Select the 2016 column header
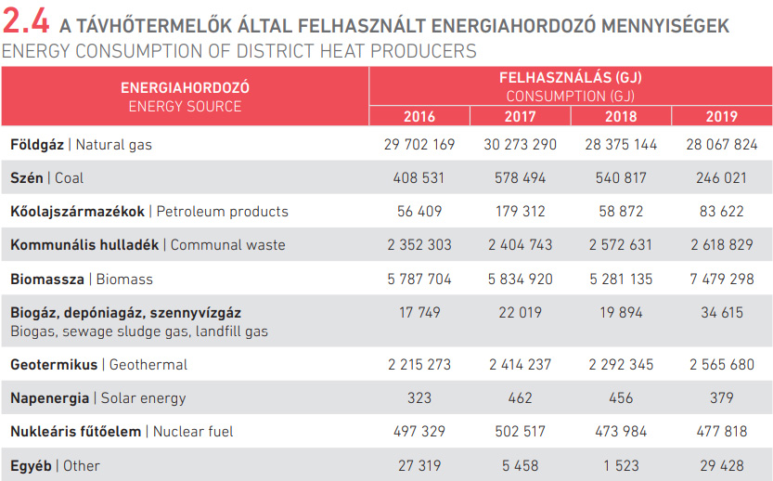[x=419, y=116]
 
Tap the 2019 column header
[x=721, y=116]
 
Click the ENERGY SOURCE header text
[x=185, y=106]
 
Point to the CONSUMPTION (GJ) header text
[x=570, y=96]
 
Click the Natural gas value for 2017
[x=520, y=144]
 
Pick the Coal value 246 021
[x=721, y=177]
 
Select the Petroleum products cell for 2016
[x=419, y=211]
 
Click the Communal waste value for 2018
[x=621, y=245]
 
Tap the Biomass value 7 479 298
[x=721, y=279]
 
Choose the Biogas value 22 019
[x=520, y=313]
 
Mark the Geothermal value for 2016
[x=419, y=364]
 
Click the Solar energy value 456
[x=621, y=397]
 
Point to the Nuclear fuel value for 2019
[x=721, y=431]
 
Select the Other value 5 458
[x=520, y=465]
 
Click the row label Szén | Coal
[x=53, y=177]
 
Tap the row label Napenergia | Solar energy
[x=97, y=397]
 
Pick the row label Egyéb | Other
[x=55, y=465]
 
